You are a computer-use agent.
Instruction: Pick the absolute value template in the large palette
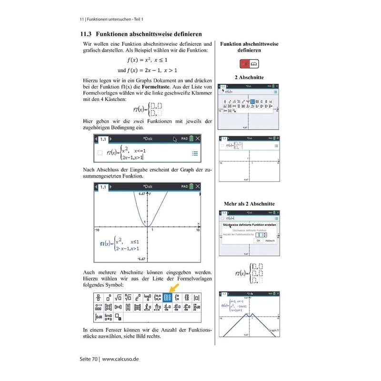point(197,298)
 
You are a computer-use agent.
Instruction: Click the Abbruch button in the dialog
point(270,241)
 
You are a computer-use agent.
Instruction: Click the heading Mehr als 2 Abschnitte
point(249,204)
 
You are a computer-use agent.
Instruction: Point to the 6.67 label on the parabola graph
point(142,194)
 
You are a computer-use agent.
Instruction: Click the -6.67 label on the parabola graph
point(141,259)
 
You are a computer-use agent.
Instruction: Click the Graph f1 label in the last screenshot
point(273,330)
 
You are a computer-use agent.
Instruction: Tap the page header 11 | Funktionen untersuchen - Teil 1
point(111,19)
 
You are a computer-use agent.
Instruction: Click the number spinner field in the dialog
point(260,235)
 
